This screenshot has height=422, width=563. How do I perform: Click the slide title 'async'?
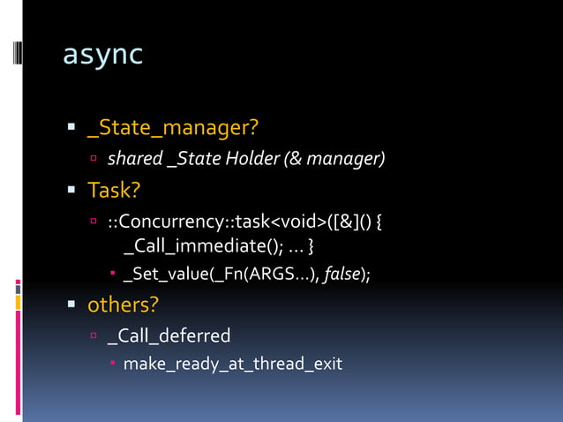pyautogui.click(x=102, y=56)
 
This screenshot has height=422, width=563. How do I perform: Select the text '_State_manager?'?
pyautogui.click(x=172, y=129)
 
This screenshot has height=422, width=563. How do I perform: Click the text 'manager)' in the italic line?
pyautogui.click(x=353, y=160)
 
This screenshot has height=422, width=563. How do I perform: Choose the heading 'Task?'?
pyautogui.click(x=115, y=189)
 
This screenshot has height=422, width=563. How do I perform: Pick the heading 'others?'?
pyautogui.click(x=123, y=305)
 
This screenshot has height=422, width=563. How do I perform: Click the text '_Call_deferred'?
pyautogui.click(x=169, y=335)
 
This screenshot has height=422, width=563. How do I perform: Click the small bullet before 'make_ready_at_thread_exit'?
pyautogui.click(x=114, y=364)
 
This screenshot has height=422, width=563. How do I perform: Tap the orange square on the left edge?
pyautogui.click(x=17, y=303)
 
